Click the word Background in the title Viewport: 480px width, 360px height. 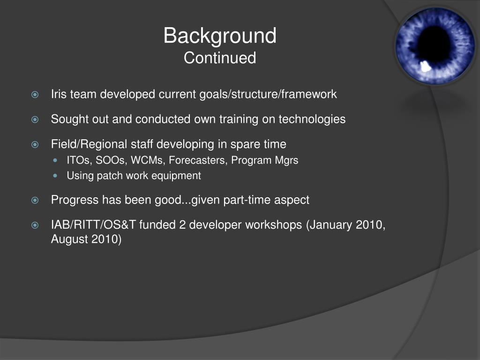tap(220, 36)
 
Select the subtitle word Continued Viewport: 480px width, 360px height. tap(220, 58)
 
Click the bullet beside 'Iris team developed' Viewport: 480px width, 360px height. tap(35, 94)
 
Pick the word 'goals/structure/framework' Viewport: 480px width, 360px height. tap(268, 94)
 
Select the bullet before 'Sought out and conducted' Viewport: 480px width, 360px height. tap(35, 120)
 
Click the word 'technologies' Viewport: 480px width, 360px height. tap(312, 120)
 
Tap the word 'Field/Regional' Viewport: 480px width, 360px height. tap(89, 144)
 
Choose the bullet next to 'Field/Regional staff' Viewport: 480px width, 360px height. tap(35, 144)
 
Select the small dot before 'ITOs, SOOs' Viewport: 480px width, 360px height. tap(55, 160)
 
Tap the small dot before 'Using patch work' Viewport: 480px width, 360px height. tap(55, 176)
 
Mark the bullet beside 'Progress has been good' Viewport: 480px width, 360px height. tap(35, 200)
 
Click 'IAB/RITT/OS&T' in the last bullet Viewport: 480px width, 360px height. tap(93, 225)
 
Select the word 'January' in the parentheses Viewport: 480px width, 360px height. tap(332, 225)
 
